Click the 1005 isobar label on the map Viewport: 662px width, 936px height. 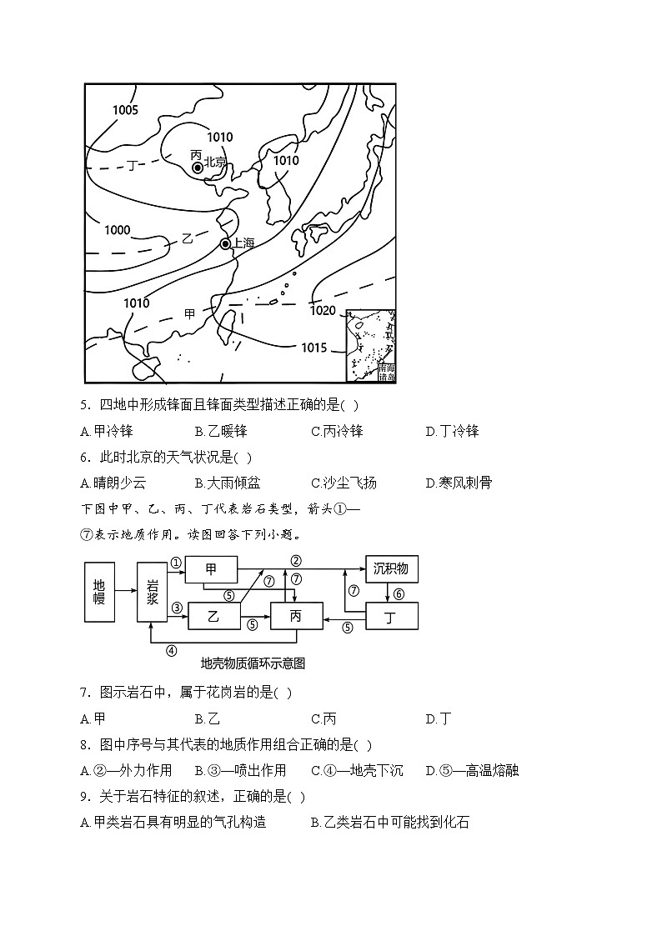coord(125,109)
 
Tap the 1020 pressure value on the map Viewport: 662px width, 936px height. coord(322,311)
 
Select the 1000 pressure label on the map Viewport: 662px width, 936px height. coord(118,230)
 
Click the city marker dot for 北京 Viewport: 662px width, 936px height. coord(198,168)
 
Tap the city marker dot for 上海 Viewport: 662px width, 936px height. coord(225,243)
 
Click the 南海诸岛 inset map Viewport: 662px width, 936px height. coord(371,345)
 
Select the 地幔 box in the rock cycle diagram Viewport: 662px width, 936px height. coord(98,592)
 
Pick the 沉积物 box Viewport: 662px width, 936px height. coord(391,569)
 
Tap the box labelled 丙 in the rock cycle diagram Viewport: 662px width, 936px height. coord(295,616)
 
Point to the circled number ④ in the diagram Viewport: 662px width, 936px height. coord(171,651)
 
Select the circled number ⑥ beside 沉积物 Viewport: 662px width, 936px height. coord(399,593)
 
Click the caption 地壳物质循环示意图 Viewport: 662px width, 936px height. coord(253,663)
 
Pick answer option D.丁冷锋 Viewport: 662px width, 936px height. coord(452,431)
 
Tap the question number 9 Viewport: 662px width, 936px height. coord(84,797)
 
